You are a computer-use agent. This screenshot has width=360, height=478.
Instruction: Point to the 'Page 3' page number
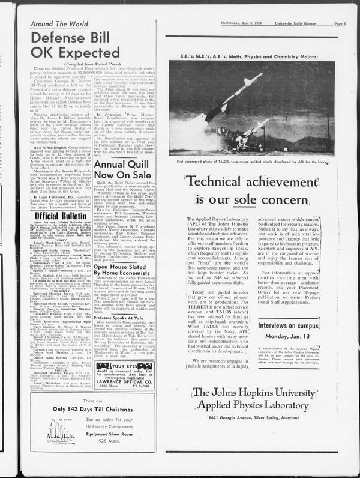pyautogui.click(x=339, y=24)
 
